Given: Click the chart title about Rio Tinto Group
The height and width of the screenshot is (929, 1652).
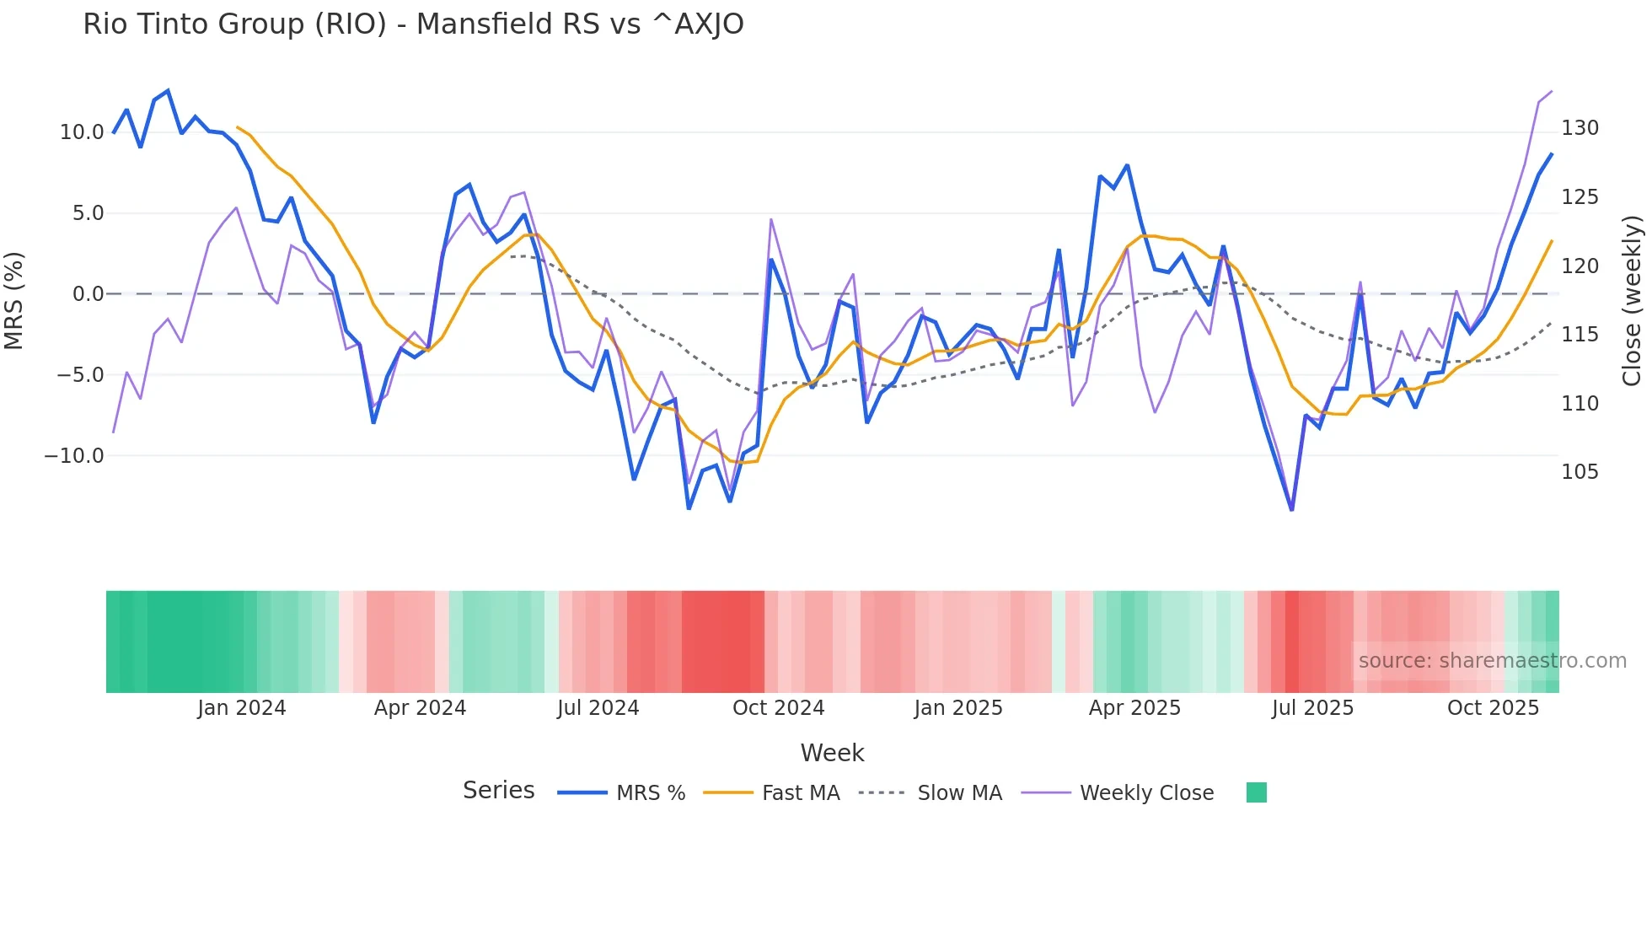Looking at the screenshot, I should (413, 24).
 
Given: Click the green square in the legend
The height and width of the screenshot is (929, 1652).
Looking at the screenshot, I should (1256, 792).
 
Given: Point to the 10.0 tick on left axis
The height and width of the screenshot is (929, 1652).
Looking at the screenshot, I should (82, 132).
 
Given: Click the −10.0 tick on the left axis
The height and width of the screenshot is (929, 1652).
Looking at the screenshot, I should (74, 456).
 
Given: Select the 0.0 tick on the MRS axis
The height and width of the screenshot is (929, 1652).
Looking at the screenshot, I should (88, 294).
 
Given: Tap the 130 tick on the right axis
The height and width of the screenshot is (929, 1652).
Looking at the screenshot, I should (1580, 128).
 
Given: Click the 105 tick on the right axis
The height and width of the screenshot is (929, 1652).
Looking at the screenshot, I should (1580, 472).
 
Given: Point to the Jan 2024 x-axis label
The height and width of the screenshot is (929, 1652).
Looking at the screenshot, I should (242, 708).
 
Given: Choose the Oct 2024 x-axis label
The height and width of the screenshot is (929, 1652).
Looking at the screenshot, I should (778, 708).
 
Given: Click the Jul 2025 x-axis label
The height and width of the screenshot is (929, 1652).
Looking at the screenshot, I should (1312, 708).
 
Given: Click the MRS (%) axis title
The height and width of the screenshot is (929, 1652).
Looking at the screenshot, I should (14, 301).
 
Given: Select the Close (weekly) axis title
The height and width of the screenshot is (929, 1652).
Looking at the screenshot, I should (1632, 301).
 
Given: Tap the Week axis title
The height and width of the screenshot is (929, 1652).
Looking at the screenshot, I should (832, 753).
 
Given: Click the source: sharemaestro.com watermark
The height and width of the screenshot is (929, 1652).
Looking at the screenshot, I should (1492, 661).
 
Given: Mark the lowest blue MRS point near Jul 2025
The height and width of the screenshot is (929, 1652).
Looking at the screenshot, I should (1291, 509).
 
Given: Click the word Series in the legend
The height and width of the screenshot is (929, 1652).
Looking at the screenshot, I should (498, 791).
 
